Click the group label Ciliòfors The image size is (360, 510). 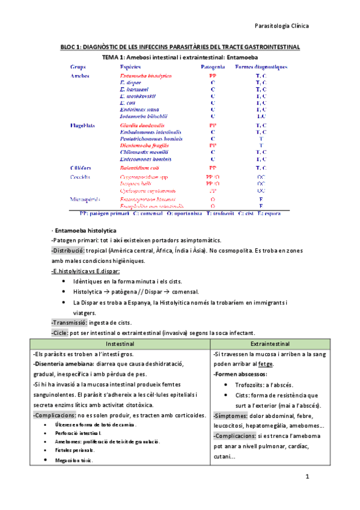[x=82, y=168]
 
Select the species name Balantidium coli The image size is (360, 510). [x=142, y=168]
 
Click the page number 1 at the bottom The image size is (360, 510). [x=307, y=478]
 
